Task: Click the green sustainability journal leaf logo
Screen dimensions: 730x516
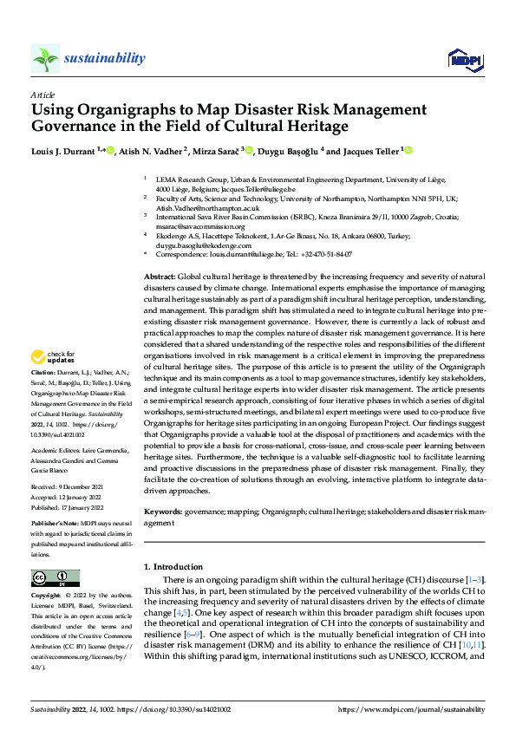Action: pyautogui.click(x=45, y=58)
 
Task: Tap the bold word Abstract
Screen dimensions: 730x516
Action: pyautogui.click(x=160, y=275)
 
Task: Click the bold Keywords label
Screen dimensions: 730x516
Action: pyautogui.click(x=163, y=512)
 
